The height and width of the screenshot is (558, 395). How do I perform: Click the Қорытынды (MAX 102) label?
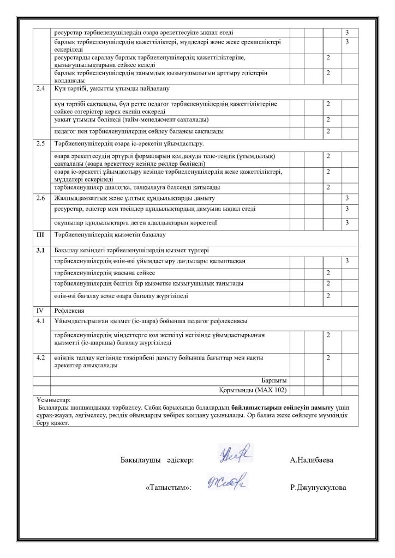(x=253, y=390)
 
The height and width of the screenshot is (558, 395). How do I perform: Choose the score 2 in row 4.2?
(x=328, y=357)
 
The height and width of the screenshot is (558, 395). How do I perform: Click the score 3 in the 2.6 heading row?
(x=348, y=197)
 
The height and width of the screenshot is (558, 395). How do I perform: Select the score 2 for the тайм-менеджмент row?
(x=328, y=119)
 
